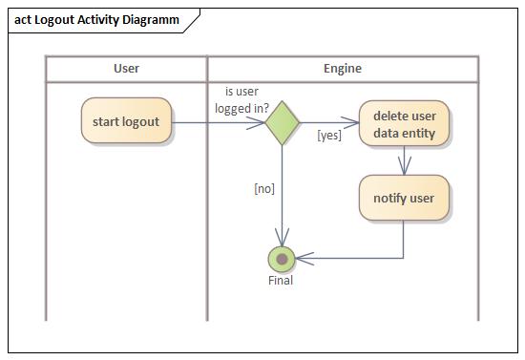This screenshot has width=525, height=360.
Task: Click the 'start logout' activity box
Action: click(126, 121)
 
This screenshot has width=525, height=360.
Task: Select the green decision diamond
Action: click(282, 122)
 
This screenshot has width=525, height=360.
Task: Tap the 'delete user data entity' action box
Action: click(404, 124)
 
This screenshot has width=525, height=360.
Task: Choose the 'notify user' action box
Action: click(404, 199)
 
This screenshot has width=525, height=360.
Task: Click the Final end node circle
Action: click(282, 258)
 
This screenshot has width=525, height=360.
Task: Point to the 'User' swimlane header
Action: click(126, 69)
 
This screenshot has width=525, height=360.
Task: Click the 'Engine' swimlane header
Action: click(343, 69)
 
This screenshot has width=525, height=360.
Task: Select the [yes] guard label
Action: click(329, 136)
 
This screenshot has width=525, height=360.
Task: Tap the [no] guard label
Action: click(264, 188)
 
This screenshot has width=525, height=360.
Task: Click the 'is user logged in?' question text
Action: click(241, 100)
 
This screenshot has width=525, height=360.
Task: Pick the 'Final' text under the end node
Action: click(281, 281)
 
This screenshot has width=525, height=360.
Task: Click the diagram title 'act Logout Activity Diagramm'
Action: click(96, 20)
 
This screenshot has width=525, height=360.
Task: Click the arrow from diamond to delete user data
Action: click(329, 122)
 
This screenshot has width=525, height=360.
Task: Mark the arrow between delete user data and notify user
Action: click(404, 160)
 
